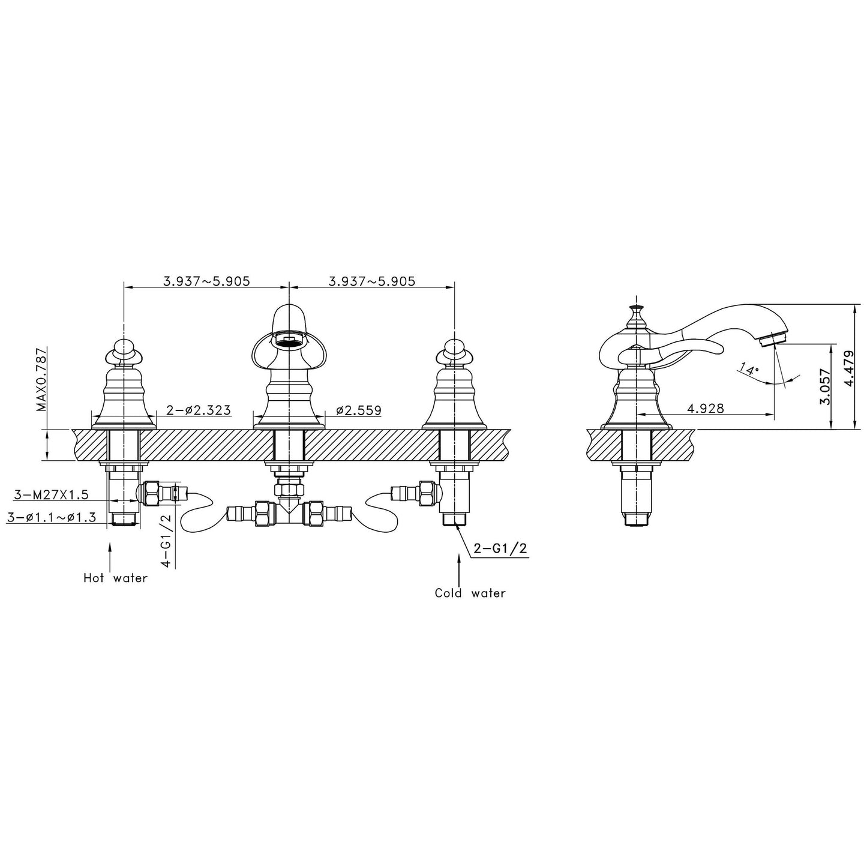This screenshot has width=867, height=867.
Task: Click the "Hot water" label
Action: point(116,578)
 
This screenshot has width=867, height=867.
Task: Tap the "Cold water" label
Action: point(470,593)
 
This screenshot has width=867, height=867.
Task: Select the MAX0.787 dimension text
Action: point(41,379)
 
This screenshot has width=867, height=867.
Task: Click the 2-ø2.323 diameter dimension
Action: point(199,410)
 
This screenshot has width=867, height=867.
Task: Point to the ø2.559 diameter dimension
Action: point(359,410)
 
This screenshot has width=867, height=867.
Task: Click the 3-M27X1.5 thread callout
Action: point(51,494)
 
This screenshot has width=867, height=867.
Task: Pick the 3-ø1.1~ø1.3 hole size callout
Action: point(52,517)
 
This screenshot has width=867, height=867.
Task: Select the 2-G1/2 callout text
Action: point(500,549)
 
